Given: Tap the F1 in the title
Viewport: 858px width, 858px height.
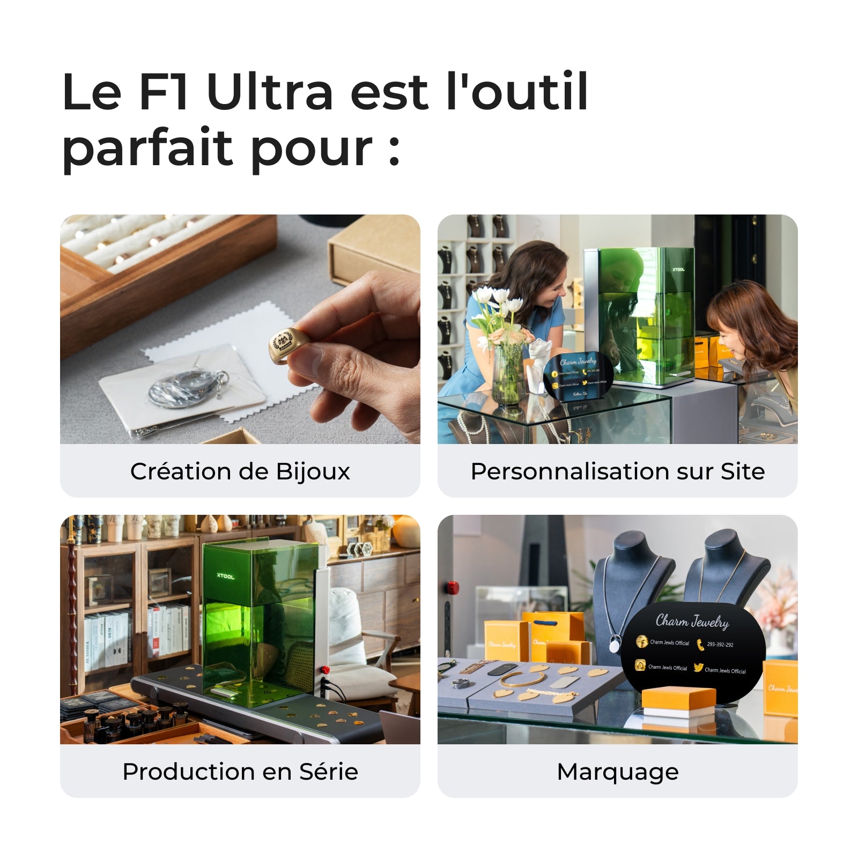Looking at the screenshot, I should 163,92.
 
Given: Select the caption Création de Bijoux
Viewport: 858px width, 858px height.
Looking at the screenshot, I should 240,471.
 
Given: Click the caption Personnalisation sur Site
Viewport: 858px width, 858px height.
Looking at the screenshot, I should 617,471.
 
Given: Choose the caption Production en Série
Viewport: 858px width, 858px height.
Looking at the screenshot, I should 240,772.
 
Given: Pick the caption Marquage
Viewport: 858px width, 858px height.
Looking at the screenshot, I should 617,772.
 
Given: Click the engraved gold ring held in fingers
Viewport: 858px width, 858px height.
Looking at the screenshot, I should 284,344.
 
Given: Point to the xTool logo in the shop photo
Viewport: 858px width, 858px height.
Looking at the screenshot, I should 678,269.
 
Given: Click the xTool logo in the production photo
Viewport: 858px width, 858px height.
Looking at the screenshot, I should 225,576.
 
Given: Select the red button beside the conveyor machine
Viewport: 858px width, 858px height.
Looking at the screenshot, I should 324,669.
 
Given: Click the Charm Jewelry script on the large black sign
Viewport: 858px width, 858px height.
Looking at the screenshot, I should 692,622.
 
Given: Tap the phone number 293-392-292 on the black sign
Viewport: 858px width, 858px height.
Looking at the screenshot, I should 720,645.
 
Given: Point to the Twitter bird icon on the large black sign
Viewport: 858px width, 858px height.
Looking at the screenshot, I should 698,668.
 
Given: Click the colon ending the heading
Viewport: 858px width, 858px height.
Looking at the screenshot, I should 394,151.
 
